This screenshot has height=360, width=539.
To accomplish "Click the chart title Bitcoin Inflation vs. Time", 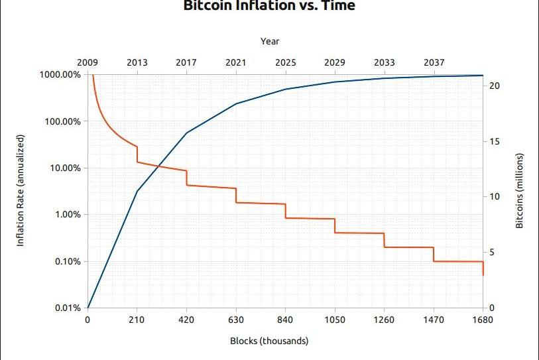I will click(269, 6).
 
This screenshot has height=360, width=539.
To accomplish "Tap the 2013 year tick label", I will click(137, 62).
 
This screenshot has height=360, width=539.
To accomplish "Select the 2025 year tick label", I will click(286, 62).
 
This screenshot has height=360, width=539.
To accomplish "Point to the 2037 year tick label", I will click(434, 62).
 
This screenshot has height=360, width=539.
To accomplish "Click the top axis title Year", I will click(270, 41).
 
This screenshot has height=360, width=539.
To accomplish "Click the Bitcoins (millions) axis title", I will click(520, 191).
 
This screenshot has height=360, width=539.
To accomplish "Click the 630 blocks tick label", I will click(236, 320).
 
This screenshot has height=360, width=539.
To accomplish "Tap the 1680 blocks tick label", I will click(483, 320).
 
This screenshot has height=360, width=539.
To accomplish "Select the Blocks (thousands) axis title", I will click(269, 341).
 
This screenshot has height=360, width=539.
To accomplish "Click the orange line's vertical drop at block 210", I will click(137, 154).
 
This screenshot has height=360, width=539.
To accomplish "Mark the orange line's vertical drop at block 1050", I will click(335, 225).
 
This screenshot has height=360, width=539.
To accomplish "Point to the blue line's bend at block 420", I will click(187, 133).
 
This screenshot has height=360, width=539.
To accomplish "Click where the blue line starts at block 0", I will click(88, 308).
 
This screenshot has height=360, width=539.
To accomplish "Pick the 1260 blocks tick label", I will click(384, 320).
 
